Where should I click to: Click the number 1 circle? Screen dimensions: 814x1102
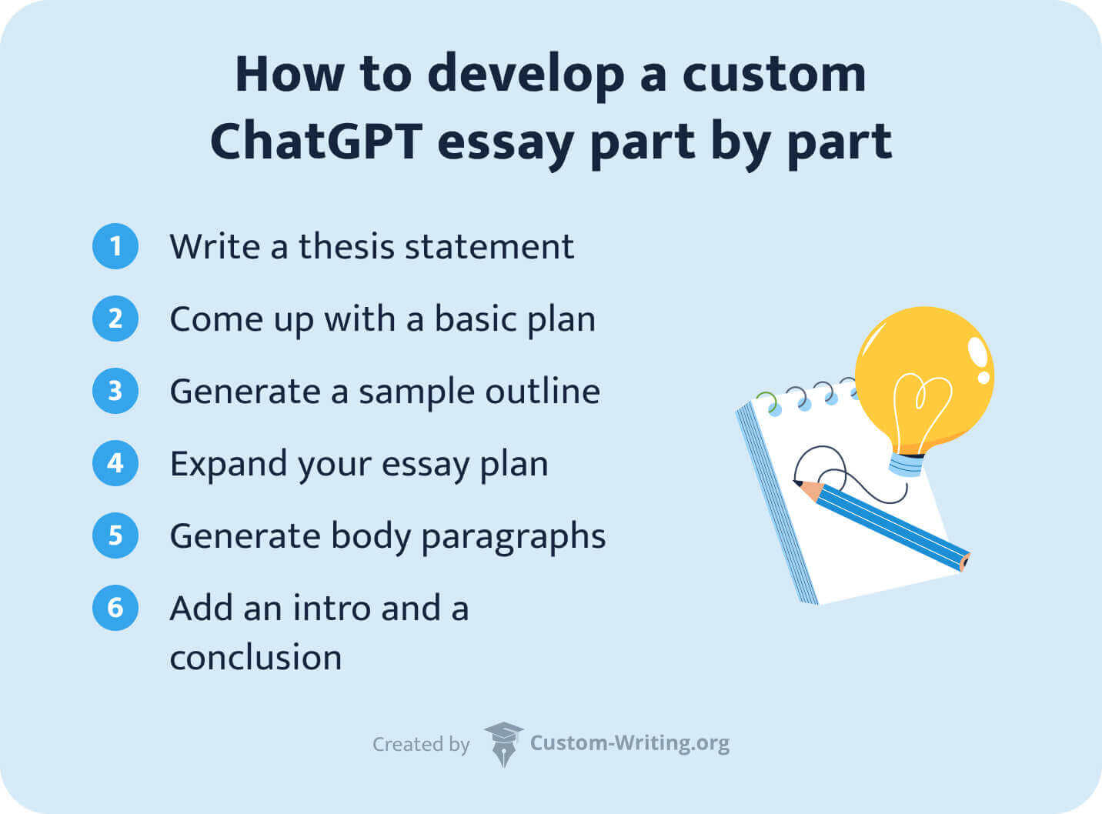coord(115,246)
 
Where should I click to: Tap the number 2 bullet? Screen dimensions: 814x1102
coord(115,319)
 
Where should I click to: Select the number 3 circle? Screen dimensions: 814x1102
coord(115,391)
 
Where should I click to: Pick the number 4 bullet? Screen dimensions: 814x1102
coord(115,463)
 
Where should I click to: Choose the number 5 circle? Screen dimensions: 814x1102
coord(115,535)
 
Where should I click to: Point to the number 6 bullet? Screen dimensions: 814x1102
coord(115,608)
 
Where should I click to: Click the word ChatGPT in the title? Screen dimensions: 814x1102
coord(316,142)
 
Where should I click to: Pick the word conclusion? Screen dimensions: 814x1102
coord(255,658)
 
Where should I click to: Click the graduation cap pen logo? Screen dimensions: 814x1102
coord(503,743)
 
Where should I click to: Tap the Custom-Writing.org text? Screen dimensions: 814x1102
coord(629,743)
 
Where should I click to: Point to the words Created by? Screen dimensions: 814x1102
coord(421,745)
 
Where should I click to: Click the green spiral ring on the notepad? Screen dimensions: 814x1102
coord(766,401)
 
